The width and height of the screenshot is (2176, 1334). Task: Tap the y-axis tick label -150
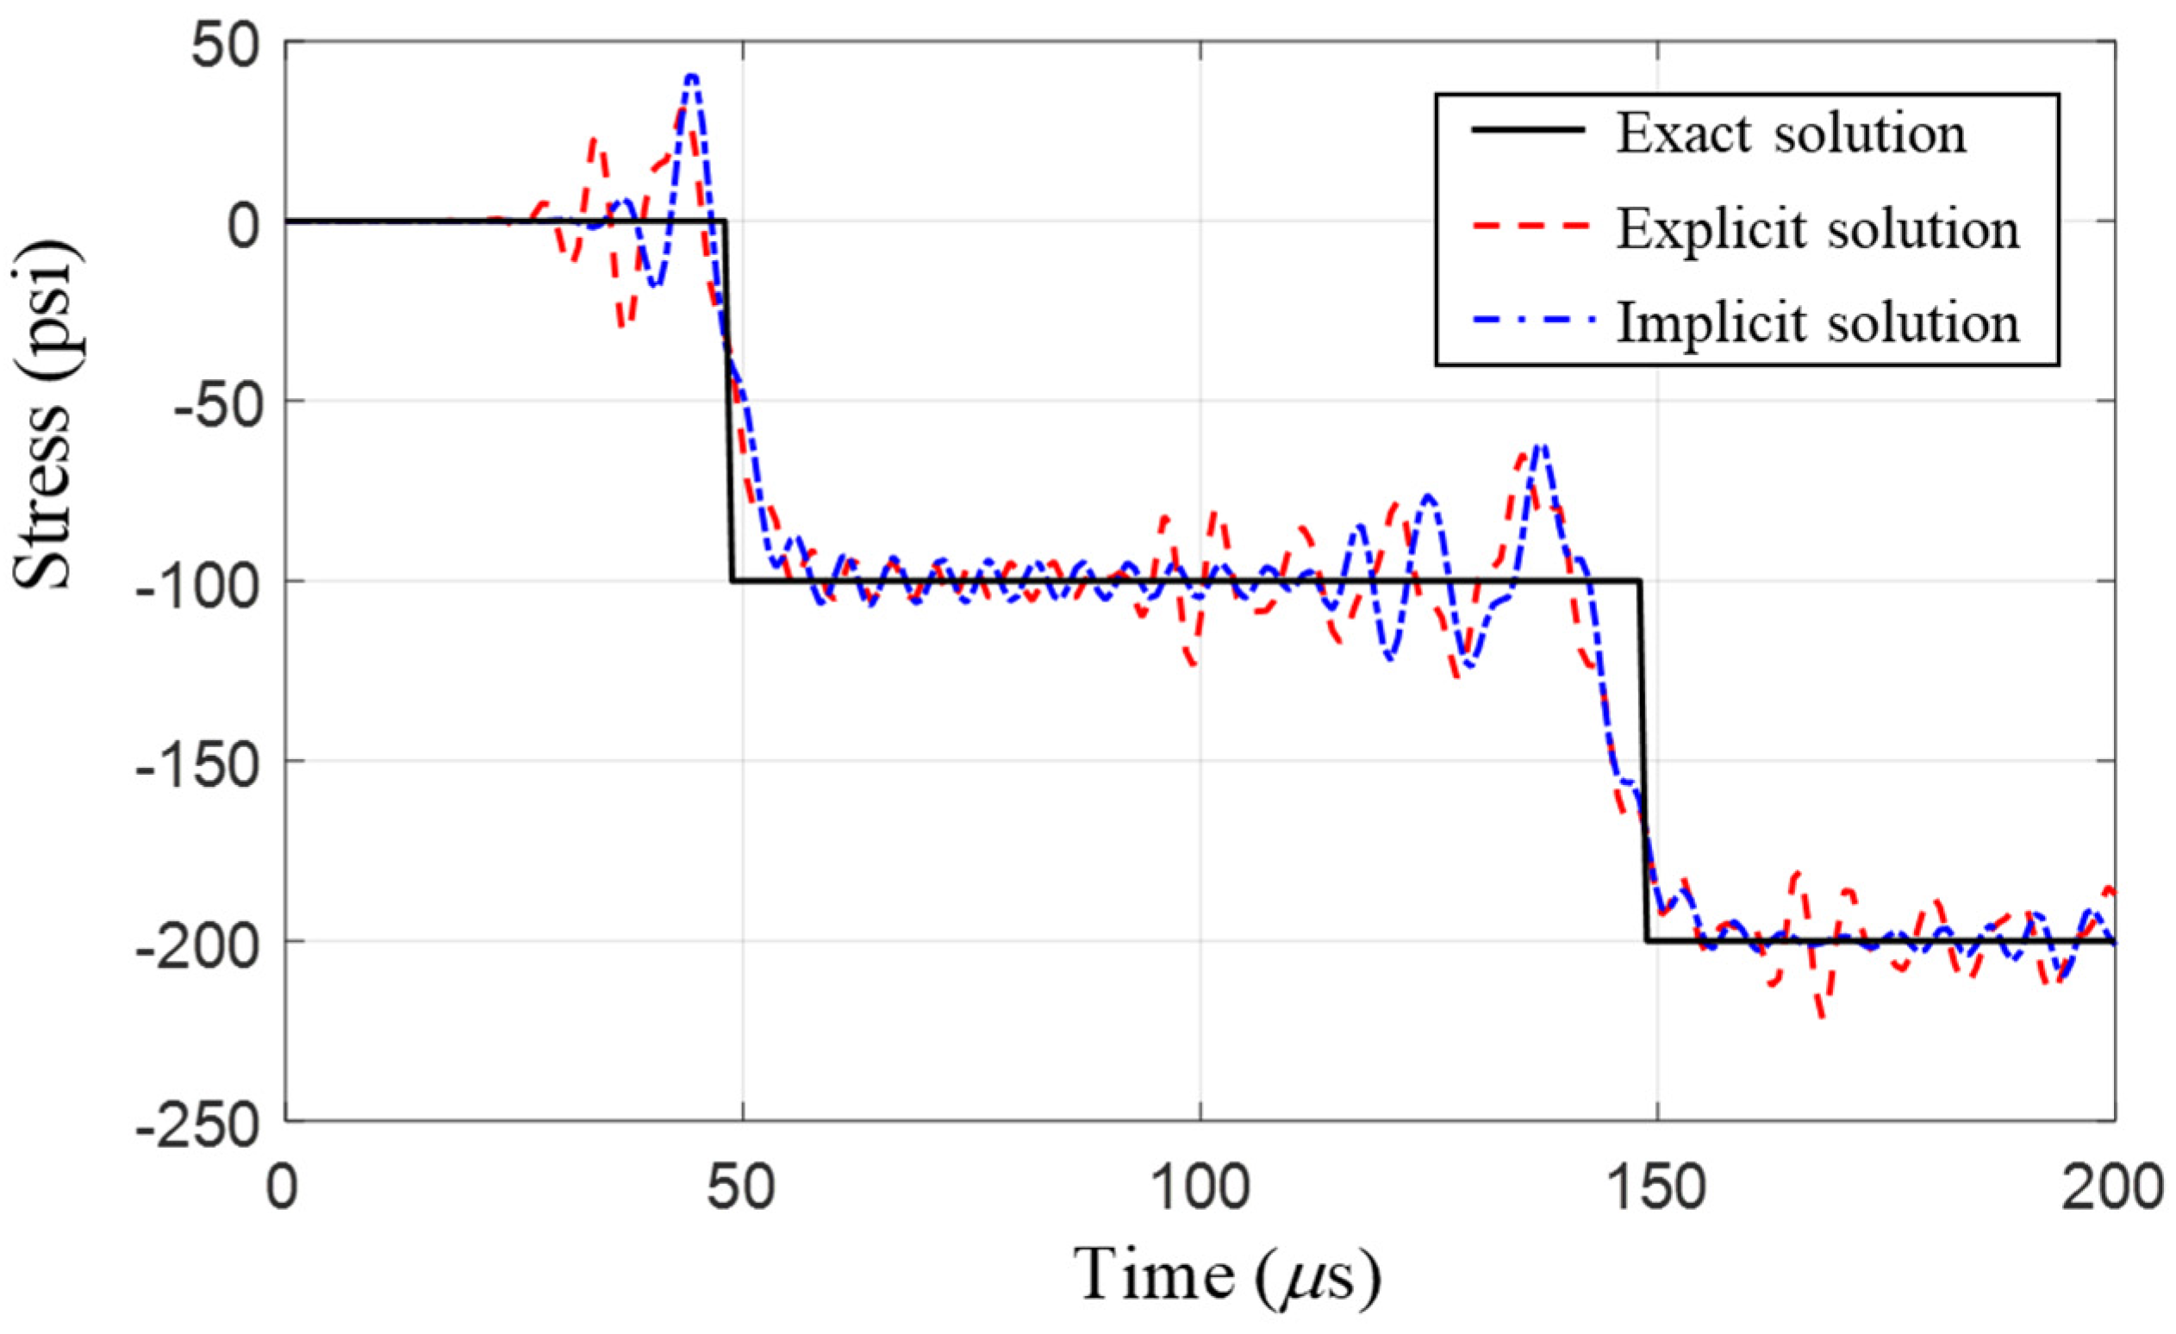198,761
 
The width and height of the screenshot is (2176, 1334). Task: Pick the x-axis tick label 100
1200,1189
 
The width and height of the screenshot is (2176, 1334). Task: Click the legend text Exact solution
1791,135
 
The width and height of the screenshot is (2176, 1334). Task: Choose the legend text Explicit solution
1818,229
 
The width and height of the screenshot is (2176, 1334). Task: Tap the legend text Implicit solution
1818,324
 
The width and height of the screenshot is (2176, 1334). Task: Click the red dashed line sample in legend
1529,227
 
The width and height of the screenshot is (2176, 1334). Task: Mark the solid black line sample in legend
1529,130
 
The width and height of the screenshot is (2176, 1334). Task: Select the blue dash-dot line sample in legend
1529,321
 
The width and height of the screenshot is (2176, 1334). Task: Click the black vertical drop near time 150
1643,759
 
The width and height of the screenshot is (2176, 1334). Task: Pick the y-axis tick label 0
242,221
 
